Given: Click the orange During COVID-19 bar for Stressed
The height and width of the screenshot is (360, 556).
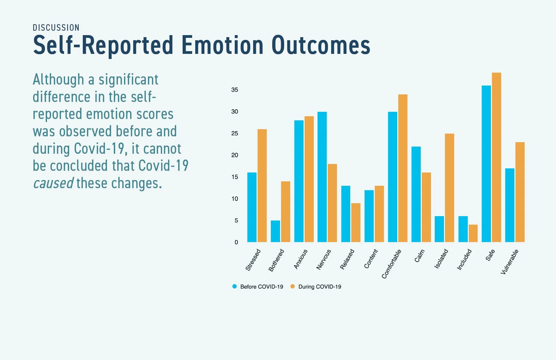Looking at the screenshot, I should [262, 186].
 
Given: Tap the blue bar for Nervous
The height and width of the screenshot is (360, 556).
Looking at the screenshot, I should [322, 177].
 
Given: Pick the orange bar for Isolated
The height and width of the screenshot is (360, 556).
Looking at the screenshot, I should [449, 188].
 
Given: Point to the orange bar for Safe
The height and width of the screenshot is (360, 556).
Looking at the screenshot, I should [496, 157].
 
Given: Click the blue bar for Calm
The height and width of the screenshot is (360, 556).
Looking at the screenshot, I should [416, 194].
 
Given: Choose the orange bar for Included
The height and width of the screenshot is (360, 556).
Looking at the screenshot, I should [473, 233].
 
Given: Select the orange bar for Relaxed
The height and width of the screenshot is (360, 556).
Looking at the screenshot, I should [356, 223].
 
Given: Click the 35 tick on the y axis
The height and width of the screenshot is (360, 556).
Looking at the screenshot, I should [235, 90].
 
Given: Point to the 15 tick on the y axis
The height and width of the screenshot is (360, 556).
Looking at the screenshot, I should [235, 177].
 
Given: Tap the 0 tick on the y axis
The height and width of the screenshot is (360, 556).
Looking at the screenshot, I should [236, 242].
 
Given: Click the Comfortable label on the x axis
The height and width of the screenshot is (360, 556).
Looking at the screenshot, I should [391, 264].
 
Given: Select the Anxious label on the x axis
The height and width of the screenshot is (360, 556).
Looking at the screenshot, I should [300, 259].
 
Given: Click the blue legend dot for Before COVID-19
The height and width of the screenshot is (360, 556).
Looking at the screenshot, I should [234, 286].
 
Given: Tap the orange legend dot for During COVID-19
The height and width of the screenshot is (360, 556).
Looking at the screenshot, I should [292, 286].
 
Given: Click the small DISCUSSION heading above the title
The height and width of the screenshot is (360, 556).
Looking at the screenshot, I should [56, 28].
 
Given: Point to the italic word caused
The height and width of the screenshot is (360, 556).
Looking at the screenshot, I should [53, 183].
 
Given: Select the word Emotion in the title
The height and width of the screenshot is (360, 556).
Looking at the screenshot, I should [222, 45].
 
